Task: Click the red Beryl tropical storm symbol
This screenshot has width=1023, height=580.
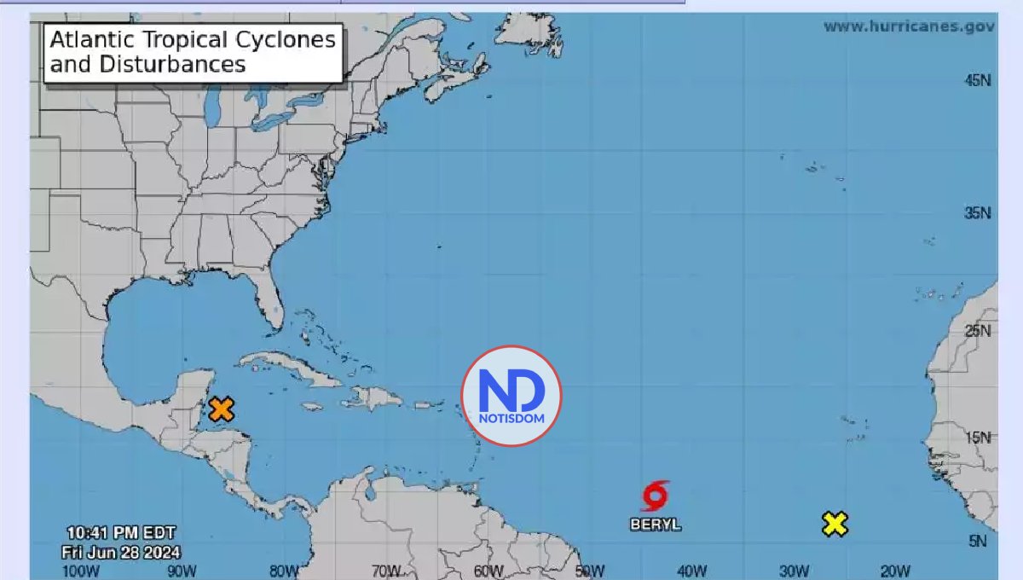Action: tap(655, 496)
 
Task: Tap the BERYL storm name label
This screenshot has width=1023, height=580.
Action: tap(656, 525)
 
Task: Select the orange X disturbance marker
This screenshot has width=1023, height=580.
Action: tap(221, 409)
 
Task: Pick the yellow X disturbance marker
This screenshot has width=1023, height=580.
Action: tap(835, 524)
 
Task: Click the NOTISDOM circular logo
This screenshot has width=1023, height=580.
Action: tap(511, 396)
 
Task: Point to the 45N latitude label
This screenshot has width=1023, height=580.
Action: tap(976, 80)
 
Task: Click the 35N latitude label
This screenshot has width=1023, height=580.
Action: tap(976, 212)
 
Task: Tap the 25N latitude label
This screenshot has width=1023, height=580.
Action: tap(976, 330)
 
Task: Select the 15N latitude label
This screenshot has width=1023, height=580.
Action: tap(976, 438)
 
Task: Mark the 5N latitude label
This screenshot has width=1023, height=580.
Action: tap(980, 541)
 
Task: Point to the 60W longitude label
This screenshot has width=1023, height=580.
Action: tap(488, 571)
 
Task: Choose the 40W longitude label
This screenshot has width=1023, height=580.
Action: tap(691, 571)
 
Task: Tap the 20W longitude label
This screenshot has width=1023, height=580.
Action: tap(894, 571)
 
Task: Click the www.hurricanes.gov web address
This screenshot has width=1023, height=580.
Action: tap(909, 26)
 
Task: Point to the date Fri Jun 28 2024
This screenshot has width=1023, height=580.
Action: tap(120, 552)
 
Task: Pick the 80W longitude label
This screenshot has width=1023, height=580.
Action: tap(284, 571)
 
